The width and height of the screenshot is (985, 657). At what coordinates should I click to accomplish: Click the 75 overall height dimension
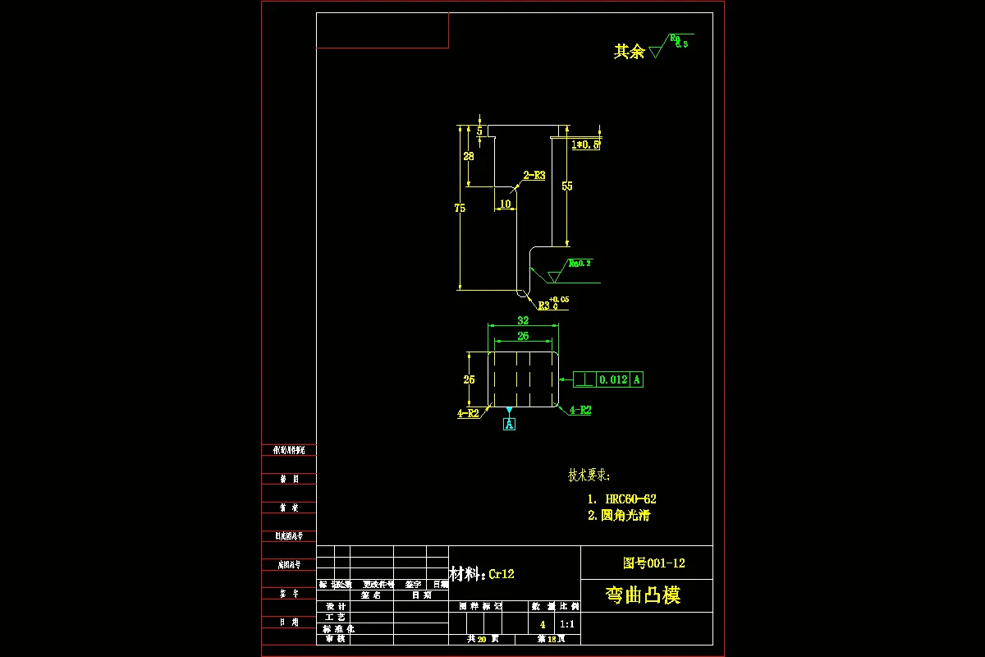point(460,209)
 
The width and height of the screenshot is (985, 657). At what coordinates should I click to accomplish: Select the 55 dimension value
point(567,186)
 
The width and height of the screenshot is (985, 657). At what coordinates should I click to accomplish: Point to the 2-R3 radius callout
point(534,175)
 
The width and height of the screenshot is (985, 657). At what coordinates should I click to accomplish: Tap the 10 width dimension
point(505,204)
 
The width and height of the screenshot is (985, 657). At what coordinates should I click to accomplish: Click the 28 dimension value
point(469,156)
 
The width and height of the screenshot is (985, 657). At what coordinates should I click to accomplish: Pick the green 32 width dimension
point(523,321)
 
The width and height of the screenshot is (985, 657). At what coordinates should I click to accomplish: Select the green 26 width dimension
point(523,336)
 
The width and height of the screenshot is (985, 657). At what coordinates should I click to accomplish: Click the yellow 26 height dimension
point(469,379)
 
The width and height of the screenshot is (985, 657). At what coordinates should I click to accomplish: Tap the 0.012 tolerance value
point(613,379)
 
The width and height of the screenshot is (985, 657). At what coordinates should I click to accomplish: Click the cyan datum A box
point(509,425)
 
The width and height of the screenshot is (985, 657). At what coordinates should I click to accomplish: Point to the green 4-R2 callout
point(580,410)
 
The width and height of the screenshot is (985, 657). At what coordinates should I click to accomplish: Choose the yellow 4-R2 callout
point(468,414)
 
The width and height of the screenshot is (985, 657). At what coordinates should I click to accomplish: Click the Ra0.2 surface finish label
point(580,264)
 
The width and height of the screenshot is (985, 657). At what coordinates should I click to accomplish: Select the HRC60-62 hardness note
point(630,498)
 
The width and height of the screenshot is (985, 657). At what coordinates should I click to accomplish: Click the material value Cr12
point(502,574)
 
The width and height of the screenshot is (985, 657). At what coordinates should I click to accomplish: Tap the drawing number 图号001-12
point(653,563)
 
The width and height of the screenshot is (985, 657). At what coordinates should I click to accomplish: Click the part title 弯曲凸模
point(643,595)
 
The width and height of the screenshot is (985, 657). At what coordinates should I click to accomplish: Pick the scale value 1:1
point(567,624)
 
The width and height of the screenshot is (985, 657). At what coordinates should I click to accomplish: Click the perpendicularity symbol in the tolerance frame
point(584,379)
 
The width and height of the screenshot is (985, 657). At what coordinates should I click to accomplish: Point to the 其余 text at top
point(629,51)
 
